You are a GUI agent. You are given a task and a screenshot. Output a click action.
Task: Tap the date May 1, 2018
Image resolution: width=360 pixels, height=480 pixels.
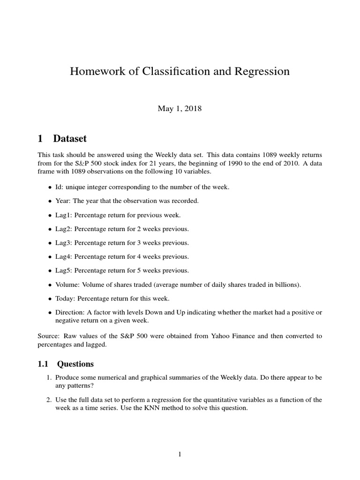tap(180, 108)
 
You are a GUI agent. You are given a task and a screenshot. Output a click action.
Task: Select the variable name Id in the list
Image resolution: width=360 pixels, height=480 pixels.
tap(59, 187)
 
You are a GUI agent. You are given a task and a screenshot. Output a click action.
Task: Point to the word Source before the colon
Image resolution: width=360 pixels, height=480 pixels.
tap(48, 336)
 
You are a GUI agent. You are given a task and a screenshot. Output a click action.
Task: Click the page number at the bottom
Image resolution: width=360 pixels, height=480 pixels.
tap(180, 454)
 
